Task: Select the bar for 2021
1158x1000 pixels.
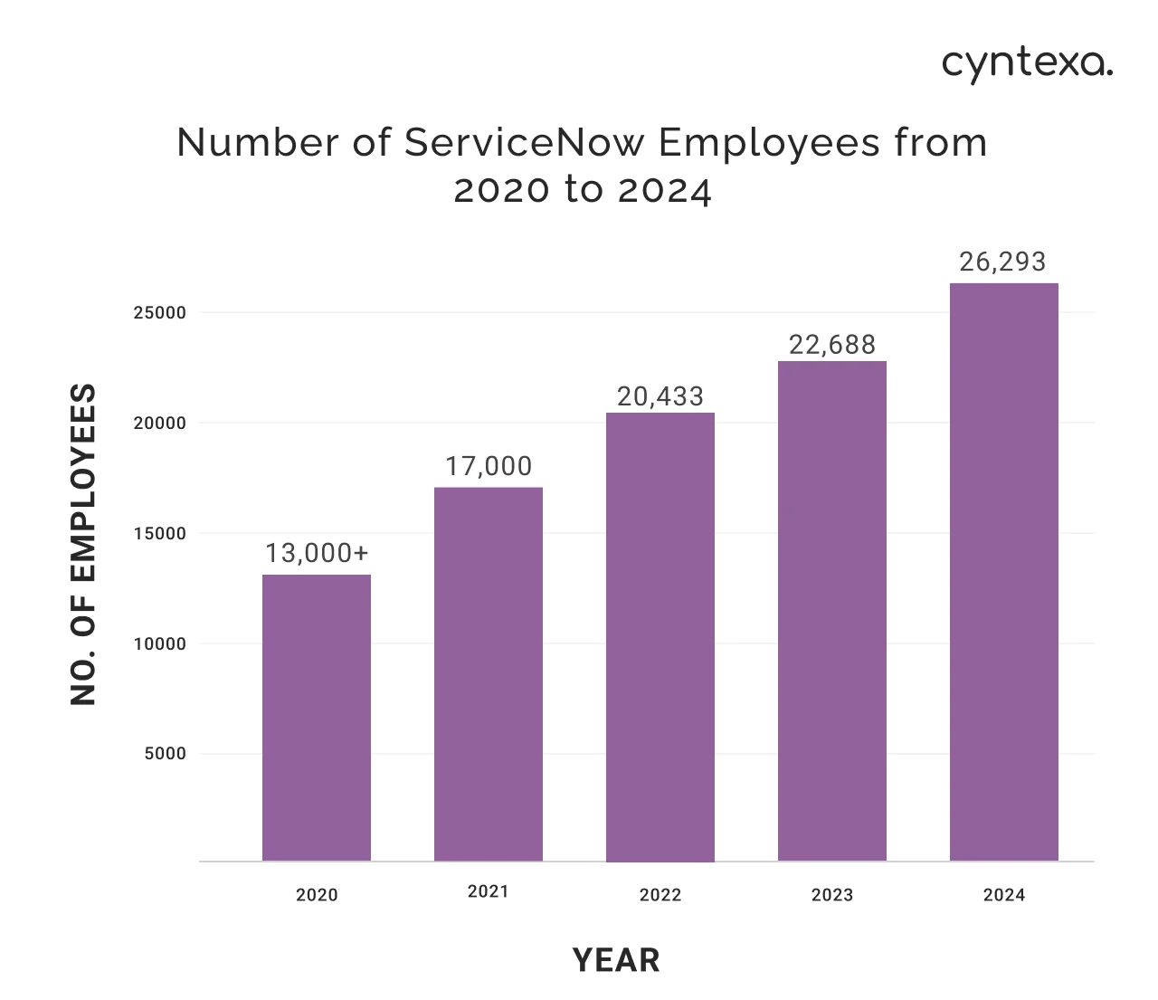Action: coord(489,674)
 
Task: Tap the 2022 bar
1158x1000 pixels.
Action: coord(660,637)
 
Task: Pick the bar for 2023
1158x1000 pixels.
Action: coord(832,611)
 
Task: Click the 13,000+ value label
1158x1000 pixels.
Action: coord(317,553)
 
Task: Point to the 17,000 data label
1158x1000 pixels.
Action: coord(489,466)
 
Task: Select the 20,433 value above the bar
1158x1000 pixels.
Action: coord(660,396)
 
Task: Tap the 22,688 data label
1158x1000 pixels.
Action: coord(832,345)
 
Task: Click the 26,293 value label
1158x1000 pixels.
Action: coord(1002,262)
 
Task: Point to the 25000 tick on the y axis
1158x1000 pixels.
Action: coord(159,313)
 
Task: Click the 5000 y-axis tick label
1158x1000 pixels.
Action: coord(165,754)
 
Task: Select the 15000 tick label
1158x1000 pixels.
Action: coord(159,534)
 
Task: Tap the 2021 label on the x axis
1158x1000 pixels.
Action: coord(489,891)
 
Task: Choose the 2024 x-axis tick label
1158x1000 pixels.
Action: coord(1004,895)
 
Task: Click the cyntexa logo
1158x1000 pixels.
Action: coord(1027,64)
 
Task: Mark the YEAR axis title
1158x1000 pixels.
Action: coord(616,960)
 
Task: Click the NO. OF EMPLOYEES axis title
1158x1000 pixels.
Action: coord(83,544)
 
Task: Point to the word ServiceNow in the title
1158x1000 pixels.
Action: coord(525,143)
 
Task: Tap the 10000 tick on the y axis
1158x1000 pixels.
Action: coord(159,644)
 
